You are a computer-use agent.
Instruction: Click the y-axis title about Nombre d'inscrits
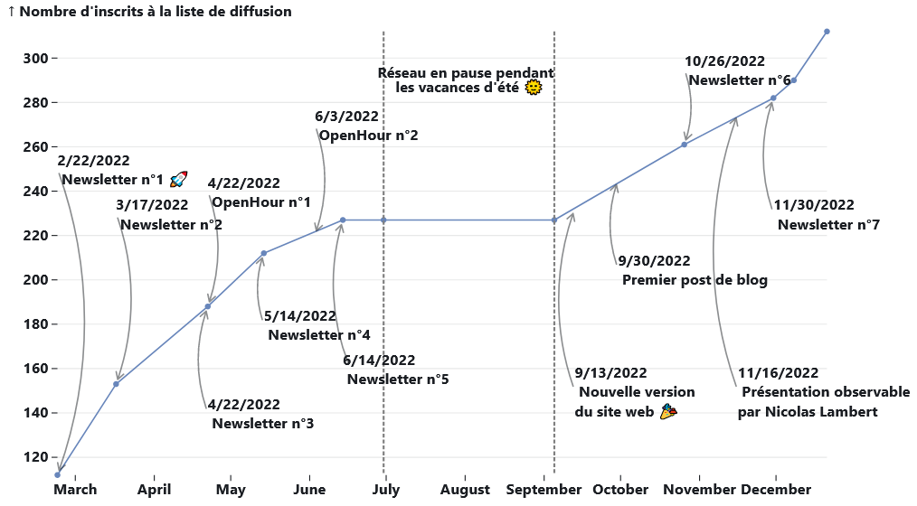coord(149,12)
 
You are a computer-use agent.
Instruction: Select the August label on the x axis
coord(465,490)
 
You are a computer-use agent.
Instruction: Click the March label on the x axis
coord(75,490)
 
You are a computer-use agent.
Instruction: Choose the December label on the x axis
coord(776,490)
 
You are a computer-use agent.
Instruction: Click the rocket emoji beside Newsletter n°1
coord(178,179)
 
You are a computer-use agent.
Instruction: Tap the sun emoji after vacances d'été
coord(534,88)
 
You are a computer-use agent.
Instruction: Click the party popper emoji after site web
coord(667,412)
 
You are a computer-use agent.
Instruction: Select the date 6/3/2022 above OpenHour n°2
coord(346,117)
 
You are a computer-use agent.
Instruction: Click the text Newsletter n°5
coord(398,379)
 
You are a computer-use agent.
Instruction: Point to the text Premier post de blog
coord(695,280)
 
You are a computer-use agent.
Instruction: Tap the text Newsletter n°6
coord(740,80)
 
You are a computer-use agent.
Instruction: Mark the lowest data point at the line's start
coord(58,474)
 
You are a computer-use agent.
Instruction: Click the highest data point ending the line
coord(827,32)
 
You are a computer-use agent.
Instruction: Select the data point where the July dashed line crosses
coord(383,220)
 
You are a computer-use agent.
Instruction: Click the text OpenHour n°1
coord(260,202)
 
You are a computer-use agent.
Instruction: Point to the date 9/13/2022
coord(610,372)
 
